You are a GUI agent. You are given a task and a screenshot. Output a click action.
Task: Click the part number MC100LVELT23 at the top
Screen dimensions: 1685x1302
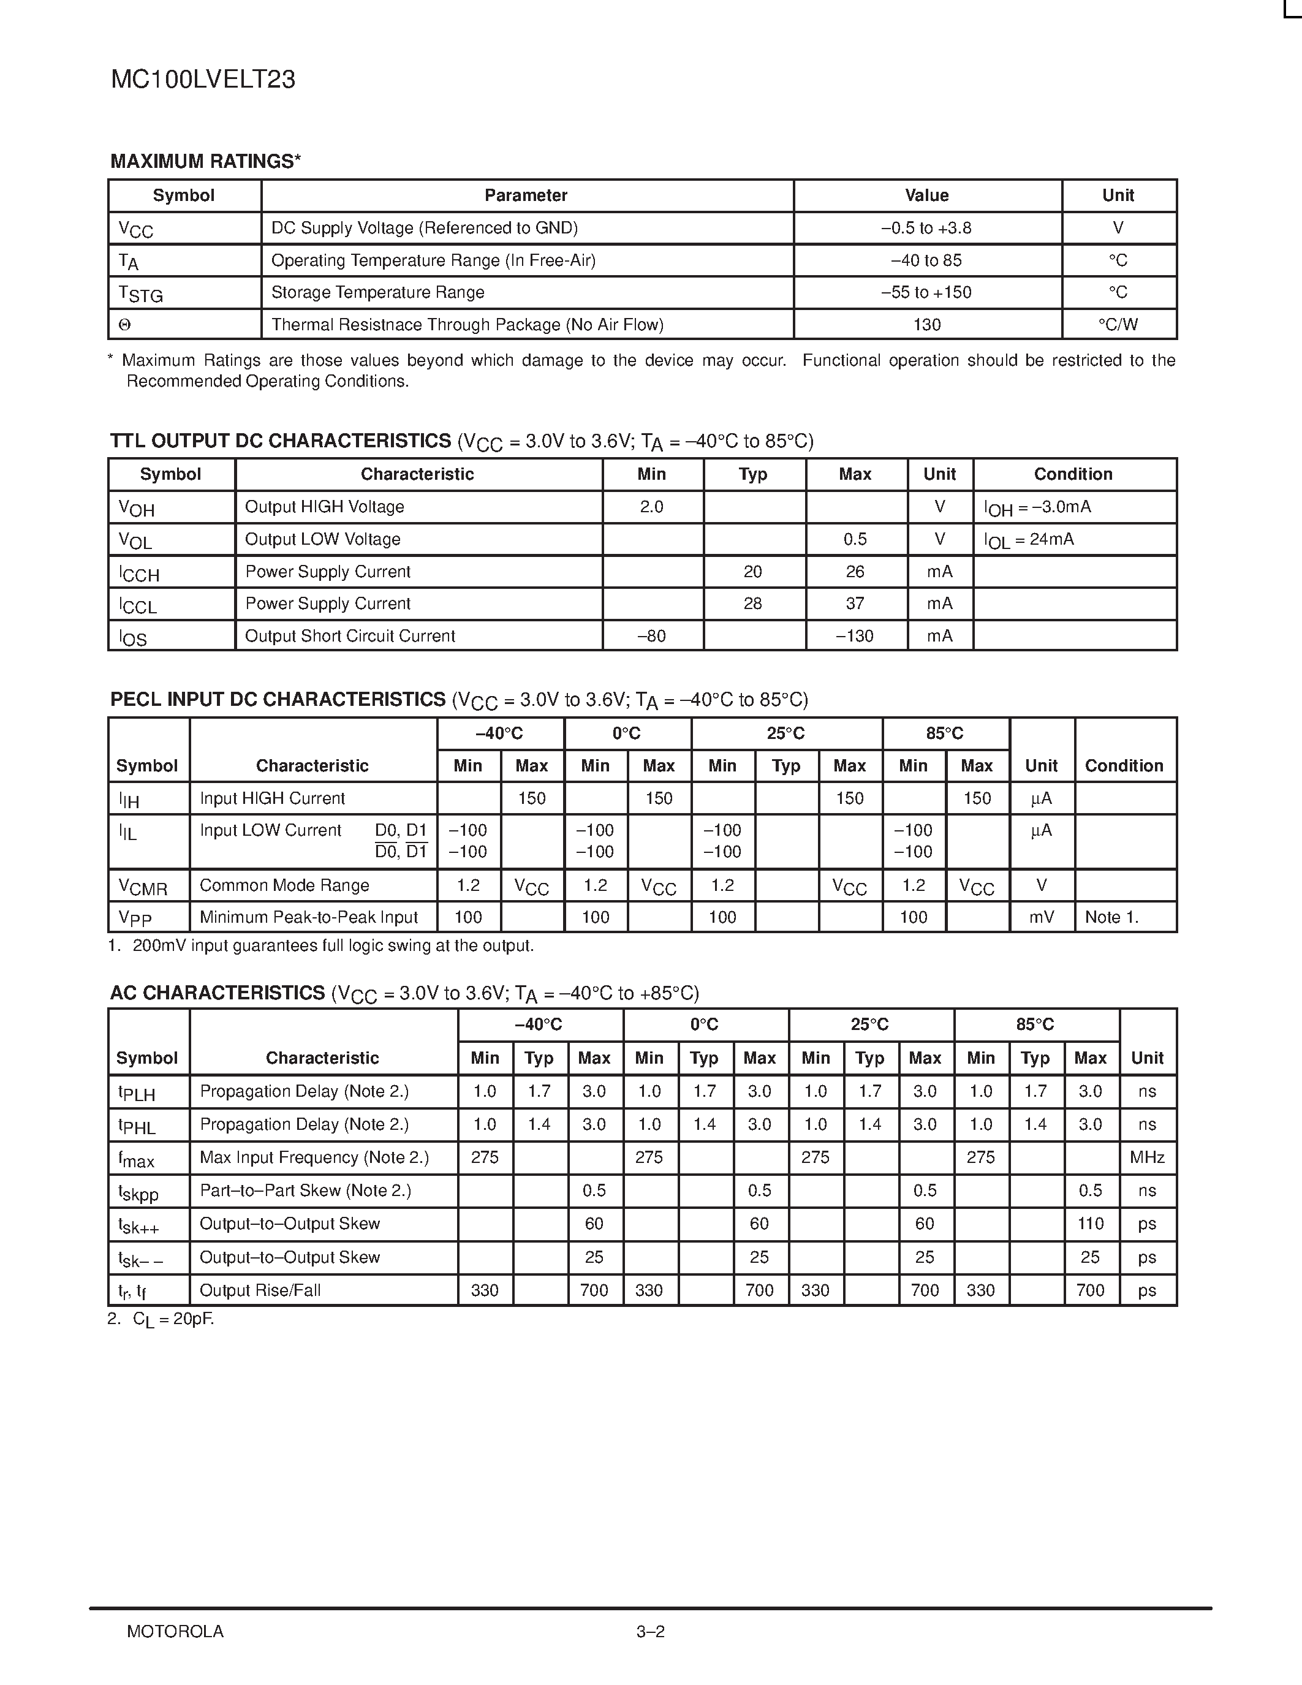[x=203, y=80]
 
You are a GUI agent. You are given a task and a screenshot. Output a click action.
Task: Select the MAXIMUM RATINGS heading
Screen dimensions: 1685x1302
[x=205, y=161]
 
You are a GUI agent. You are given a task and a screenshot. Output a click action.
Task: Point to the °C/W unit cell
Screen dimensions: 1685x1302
[x=1118, y=325]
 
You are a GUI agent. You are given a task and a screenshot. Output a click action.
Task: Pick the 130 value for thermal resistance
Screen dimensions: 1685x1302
[x=926, y=325]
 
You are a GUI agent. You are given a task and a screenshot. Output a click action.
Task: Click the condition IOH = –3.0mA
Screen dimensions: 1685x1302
[x=1037, y=508]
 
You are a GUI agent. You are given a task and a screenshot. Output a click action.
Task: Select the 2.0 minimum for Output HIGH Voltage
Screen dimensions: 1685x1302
[x=652, y=507]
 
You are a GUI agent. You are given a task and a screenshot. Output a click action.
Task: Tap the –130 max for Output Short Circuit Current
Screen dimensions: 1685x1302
[x=855, y=636]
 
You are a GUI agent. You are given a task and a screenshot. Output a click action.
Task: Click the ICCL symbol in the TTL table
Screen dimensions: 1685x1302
[x=138, y=605]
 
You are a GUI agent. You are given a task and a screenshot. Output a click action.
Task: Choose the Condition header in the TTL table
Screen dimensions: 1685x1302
[x=1073, y=474]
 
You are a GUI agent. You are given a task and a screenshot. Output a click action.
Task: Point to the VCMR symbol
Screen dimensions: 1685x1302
[x=143, y=887]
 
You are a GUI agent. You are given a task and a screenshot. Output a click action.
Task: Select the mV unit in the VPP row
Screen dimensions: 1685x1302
[x=1041, y=917]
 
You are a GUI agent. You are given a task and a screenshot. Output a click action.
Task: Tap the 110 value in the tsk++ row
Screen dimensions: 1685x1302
[x=1090, y=1224]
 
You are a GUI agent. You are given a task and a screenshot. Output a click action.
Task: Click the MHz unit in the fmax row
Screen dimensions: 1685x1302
[x=1147, y=1157]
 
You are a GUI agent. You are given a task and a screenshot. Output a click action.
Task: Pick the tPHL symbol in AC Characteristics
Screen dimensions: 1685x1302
[x=137, y=1126]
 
